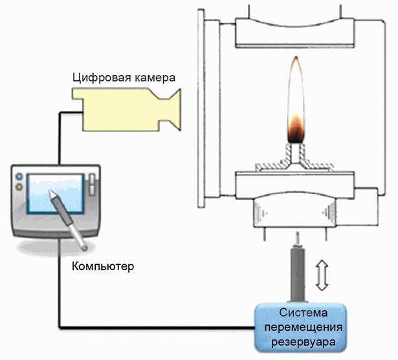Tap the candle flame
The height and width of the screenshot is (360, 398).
point(295,104)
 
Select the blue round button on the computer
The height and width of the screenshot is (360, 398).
point(19,176)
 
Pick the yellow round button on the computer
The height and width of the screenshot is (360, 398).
point(19,187)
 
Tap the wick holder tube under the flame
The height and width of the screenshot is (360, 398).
point(295,154)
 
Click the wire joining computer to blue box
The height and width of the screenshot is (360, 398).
point(155,324)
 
